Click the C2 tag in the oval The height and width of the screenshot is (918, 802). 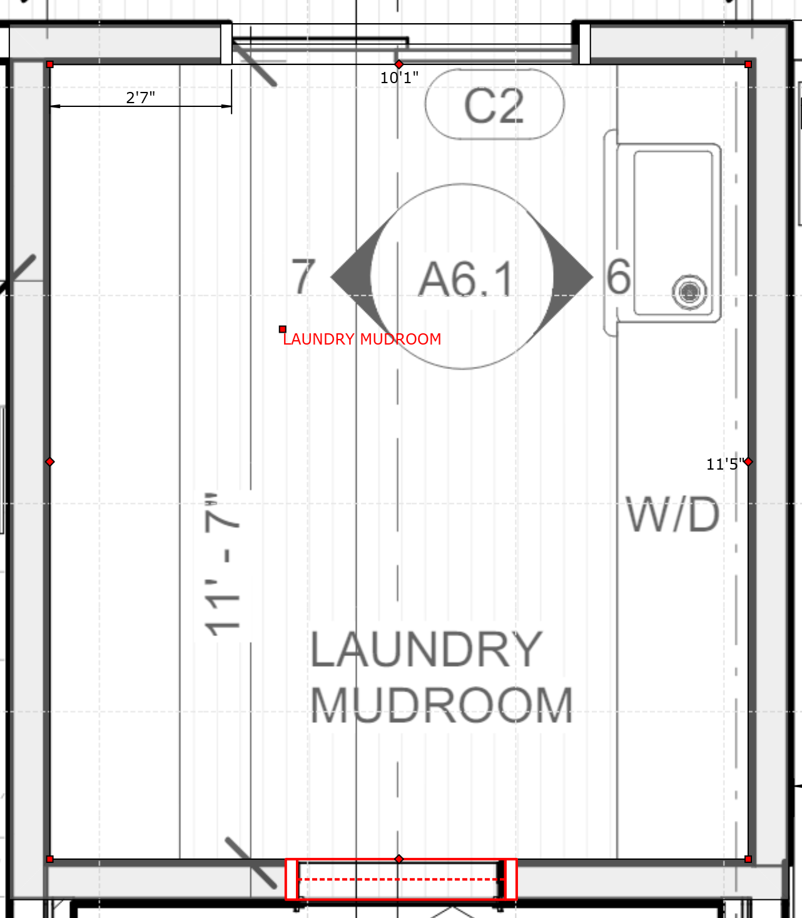pyautogui.click(x=494, y=106)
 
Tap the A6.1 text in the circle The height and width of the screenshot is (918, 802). pyautogui.click(x=465, y=280)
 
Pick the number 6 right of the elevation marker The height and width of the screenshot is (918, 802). pyautogui.click(x=619, y=276)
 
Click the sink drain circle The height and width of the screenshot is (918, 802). pyautogui.click(x=689, y=292)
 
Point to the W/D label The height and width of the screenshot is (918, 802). pyautogui.click(x=673, y=515)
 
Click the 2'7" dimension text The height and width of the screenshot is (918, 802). pyautogui.click(x=141, y=98)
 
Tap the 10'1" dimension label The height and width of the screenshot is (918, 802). pyautogui.click(x=399, y=78)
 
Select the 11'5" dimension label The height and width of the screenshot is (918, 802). pyautogui.click(x=725, y=464)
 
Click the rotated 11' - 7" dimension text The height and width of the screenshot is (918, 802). pyautogui.click(x=223, y=565)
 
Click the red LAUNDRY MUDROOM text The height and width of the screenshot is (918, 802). pyautogui.click(x=362, y=339)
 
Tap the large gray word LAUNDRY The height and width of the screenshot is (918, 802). pyautogui.click(x=426, y=649)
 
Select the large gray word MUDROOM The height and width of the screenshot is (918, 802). pyautogui.click(x=442, y=705)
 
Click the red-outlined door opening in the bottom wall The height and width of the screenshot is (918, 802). pyautogui.click(x=401, y=879)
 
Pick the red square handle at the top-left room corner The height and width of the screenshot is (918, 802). pyautogui.click(x=50, y=64)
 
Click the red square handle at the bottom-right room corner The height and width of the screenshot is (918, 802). pyautogui.click(x=748, y=859)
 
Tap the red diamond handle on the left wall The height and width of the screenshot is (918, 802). pyautogui.click(x=50, y=462)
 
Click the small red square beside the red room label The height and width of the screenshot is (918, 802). pyautogui.click(x=282, y=330)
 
